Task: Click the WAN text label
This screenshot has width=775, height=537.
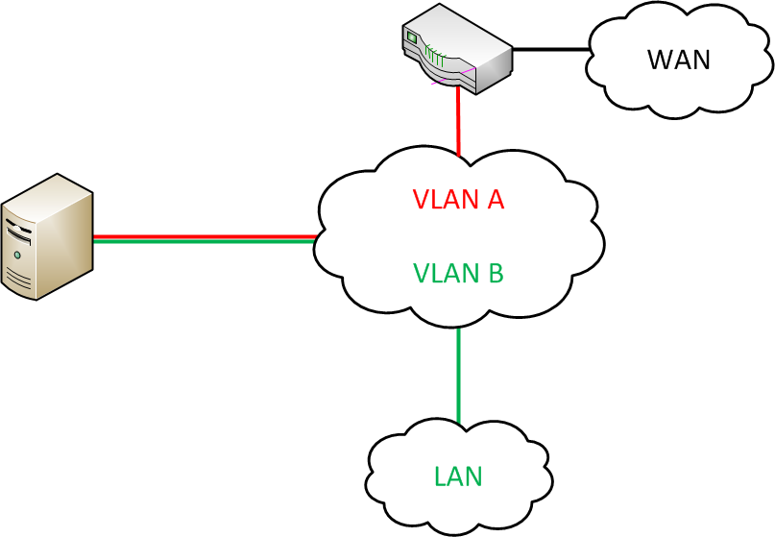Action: (679, 60)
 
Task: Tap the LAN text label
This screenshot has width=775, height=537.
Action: (458, 476)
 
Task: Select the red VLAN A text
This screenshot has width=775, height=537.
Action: (458, 200)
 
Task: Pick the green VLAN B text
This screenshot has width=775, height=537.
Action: (458, 273)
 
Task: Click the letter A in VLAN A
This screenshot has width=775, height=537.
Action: (496, 200)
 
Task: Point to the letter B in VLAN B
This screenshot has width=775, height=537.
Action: (495, 273)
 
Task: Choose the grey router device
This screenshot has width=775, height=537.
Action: (455, 54)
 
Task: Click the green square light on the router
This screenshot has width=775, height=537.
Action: (413, 37)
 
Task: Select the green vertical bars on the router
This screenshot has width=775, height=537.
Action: (437, 56)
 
